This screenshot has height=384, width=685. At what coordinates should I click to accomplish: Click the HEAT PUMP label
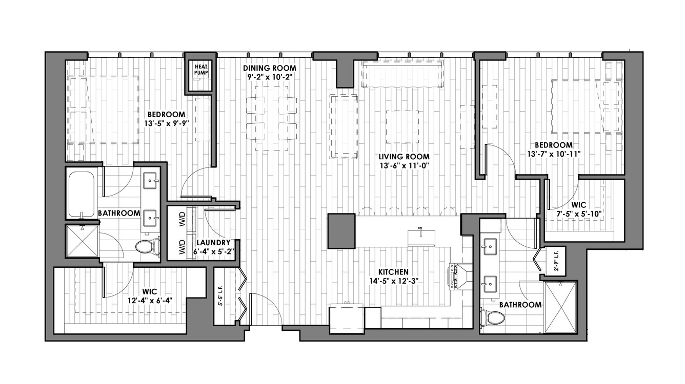click(201, 70)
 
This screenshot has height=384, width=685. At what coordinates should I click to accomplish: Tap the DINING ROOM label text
click(270, 68)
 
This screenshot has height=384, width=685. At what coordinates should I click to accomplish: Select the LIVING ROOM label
click(404, 157)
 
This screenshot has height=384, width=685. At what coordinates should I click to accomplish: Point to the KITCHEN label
click(393, 272)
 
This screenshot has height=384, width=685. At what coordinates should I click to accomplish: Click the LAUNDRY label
click(213, 243)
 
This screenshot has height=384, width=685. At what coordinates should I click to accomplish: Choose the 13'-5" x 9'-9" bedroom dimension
click(166, 123)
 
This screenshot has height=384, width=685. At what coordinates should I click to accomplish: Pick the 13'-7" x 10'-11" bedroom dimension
click(554, 154)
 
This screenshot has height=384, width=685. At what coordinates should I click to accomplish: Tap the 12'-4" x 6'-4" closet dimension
click(150, 301)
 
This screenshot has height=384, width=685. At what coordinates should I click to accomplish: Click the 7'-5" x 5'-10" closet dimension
click(578, 214)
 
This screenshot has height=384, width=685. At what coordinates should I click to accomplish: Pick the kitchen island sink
click(421, 238)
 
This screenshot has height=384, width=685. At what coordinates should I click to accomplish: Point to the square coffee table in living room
click(402, 127)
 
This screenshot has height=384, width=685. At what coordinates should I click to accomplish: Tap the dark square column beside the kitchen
click(341, 231)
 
